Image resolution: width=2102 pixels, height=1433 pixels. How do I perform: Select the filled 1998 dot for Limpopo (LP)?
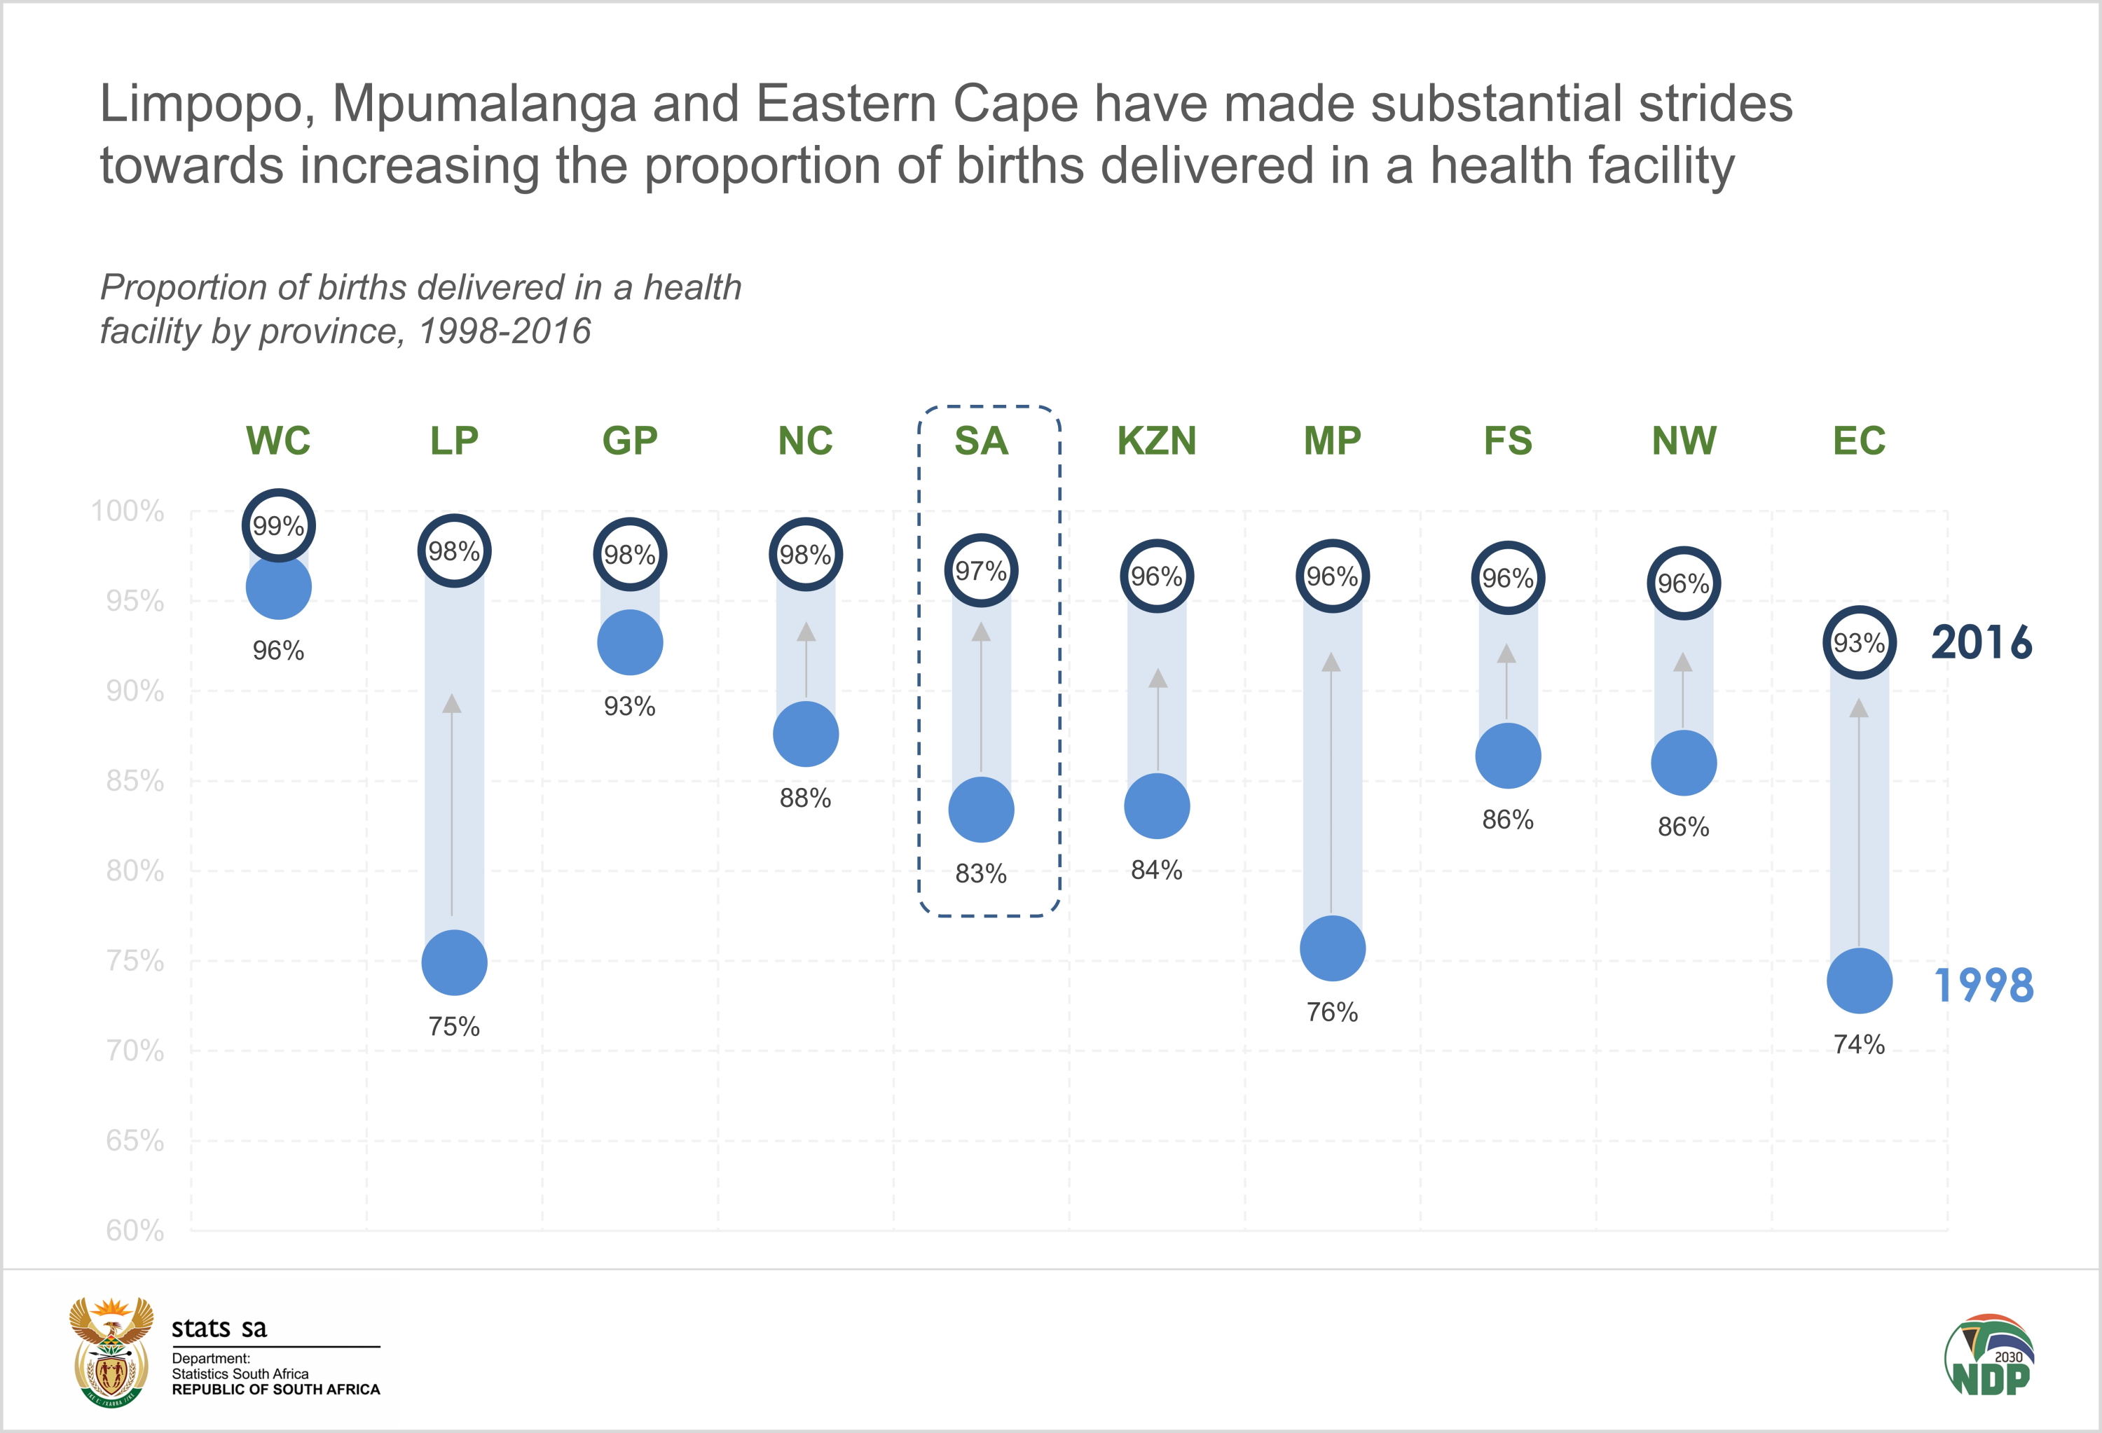tap(454, 963)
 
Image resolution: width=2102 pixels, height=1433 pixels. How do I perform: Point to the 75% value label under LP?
tap(454, 1026)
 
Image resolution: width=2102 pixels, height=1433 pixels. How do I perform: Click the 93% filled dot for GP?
tap(629, 643)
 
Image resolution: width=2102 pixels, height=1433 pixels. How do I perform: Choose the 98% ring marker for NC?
tap(805, 554)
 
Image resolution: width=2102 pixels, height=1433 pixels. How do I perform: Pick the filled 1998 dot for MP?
tap(1332, 948)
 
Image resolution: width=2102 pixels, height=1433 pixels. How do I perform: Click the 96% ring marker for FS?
tap(1508, 578)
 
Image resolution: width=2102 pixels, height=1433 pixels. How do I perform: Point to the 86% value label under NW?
tap(1683, 826)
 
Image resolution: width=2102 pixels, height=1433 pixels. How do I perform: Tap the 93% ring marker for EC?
tap(1859, 643)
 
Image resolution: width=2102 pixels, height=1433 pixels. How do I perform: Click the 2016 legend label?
tap(1981, 643)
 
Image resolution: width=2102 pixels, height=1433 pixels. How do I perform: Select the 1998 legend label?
tap(1983, 985)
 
